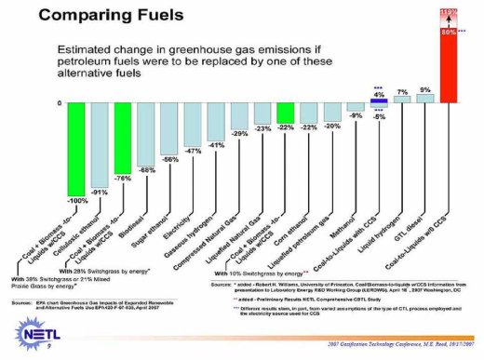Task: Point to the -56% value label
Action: (x=170, y=160)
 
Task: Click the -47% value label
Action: (x=194, y=150)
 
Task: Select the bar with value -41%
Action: (x=216, y=121)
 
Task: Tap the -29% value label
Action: (x=239, y=135)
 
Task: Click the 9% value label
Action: (x=424, y=89)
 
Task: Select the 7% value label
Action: (x=402, y=91)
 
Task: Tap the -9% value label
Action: (x=356, y=115)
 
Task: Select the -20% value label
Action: (x=332, y=126)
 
